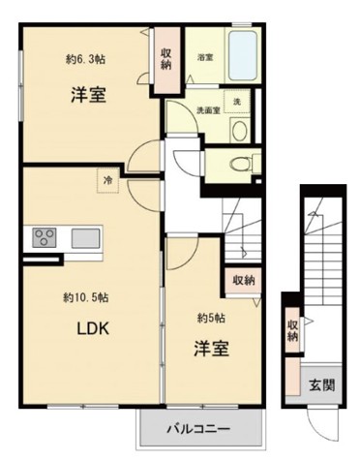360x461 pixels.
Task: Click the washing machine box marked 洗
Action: coord(235,101)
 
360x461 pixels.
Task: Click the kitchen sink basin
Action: coord(83,237)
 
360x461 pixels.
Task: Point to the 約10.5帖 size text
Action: coord(85,295)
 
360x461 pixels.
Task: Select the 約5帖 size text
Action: coord(211,318)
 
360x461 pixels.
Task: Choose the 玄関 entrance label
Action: coord(320,384)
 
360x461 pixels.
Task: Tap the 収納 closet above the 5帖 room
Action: coord(243,280)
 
